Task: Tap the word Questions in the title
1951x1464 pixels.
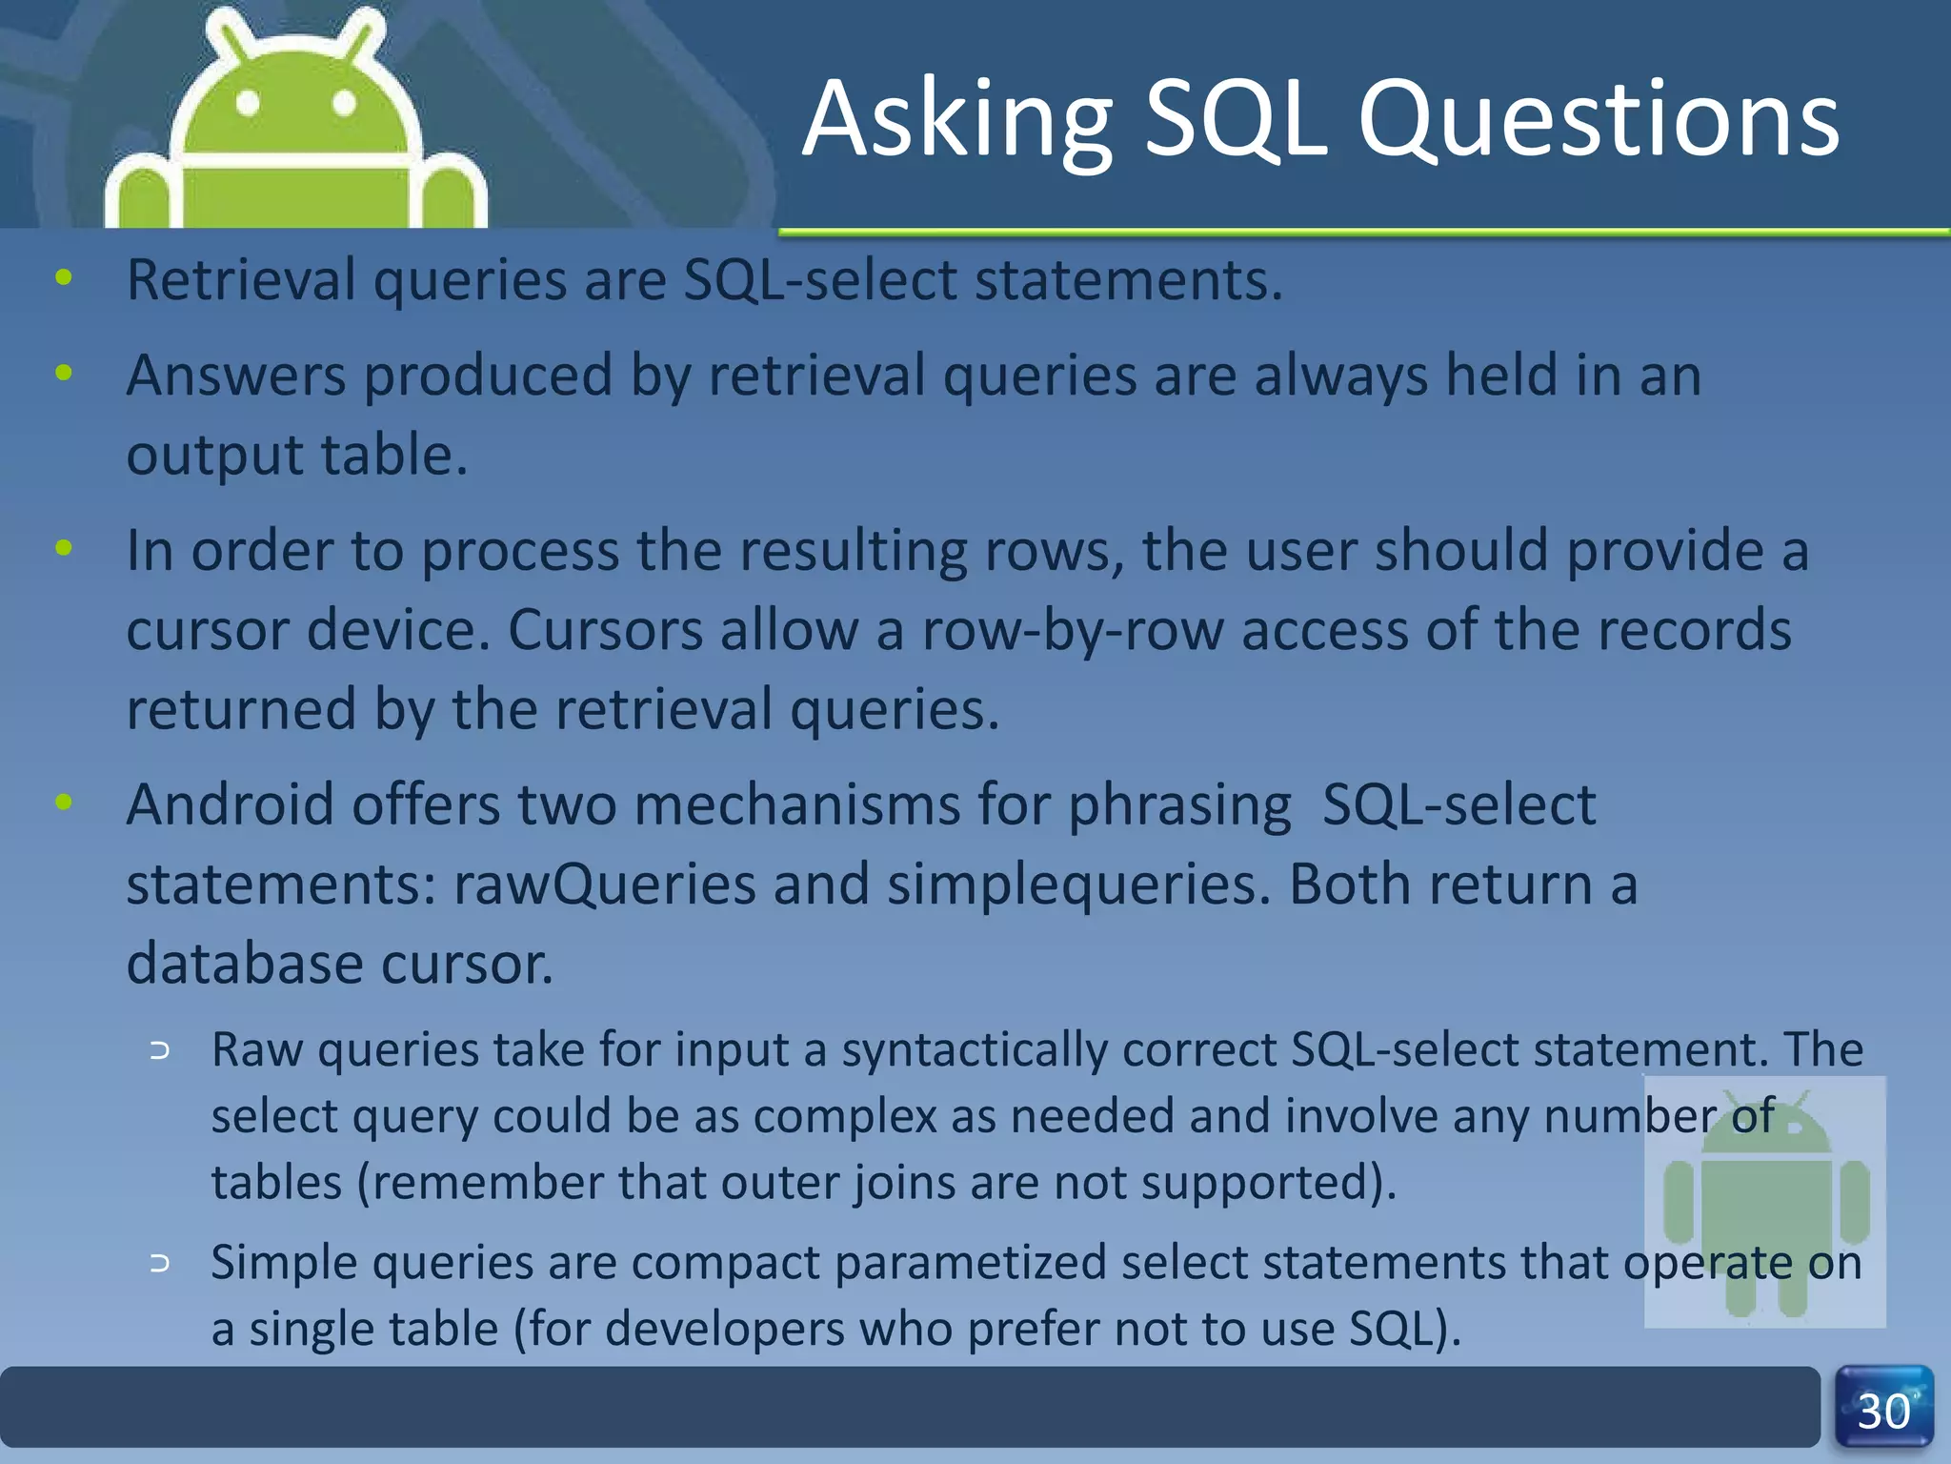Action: tap(1598, 121)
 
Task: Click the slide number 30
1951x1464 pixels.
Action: tap(1883, 1412)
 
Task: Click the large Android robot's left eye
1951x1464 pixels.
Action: tap(248, 102)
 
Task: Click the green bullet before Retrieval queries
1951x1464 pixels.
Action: tap(64, 278)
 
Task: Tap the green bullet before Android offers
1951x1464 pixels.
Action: tap(64, 803)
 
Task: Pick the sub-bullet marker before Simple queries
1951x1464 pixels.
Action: tap(160, 1264)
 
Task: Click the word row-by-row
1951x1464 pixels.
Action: tap(1072, 631)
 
